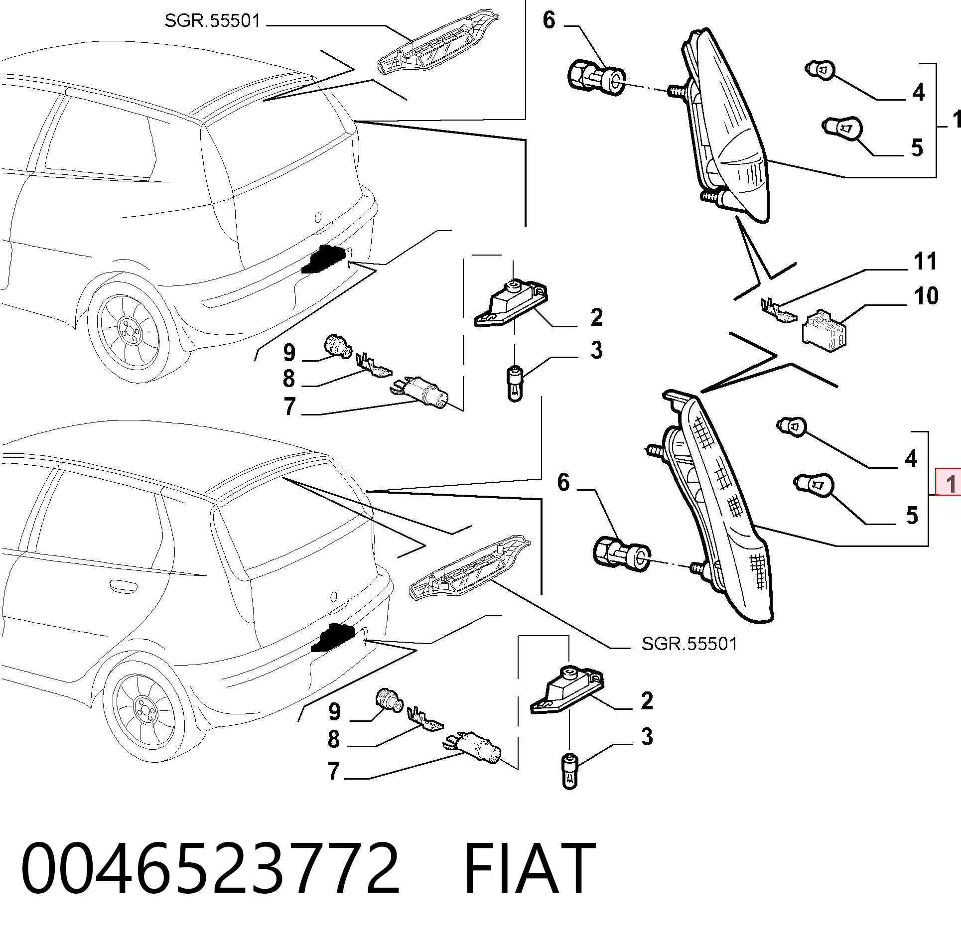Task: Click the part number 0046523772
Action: [210, 868]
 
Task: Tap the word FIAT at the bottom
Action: [530, 868]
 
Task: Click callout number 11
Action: [925, 261]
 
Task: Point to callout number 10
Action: [926, 296]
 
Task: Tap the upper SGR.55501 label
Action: [212, 21]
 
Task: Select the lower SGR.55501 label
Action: [689, 644]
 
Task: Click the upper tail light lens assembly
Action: [727, 125]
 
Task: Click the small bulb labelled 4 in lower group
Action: [792, 427]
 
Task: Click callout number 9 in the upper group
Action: [289, 353]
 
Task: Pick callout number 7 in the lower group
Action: [334, 771]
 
